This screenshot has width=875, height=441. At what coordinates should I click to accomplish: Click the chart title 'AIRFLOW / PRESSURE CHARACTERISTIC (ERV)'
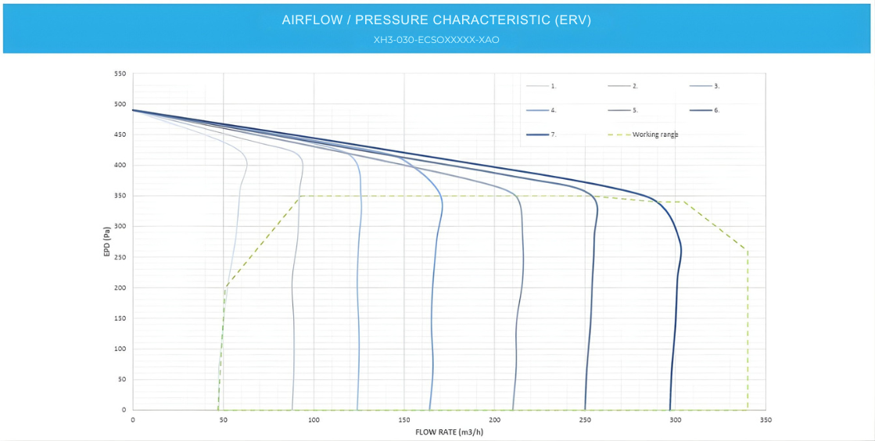point(436,20)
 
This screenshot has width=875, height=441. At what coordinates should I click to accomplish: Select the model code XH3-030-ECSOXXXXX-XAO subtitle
point(436,40)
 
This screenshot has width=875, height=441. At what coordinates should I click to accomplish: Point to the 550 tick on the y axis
point(120,73)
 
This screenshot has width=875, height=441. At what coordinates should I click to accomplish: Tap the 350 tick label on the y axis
point(120,195)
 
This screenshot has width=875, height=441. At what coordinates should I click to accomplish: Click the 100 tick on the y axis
point(120,349)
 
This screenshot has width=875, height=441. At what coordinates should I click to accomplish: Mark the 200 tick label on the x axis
point(494,420)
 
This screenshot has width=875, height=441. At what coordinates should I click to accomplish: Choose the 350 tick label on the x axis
point(765,420)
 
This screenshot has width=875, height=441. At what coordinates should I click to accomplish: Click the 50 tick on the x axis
point(224,420)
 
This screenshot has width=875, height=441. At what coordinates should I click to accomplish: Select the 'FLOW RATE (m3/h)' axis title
point(449,432)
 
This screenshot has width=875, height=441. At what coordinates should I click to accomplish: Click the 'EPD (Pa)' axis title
point(106,242)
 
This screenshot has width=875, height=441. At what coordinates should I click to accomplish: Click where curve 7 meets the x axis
point(669,410)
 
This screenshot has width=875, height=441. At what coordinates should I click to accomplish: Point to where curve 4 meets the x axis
point(430,410)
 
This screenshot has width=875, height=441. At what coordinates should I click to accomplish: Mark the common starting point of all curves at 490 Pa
point(133,110)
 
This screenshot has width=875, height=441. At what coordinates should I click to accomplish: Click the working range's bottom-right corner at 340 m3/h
point(748,410)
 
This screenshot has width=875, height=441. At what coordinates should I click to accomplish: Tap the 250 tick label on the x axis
point(585,420)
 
